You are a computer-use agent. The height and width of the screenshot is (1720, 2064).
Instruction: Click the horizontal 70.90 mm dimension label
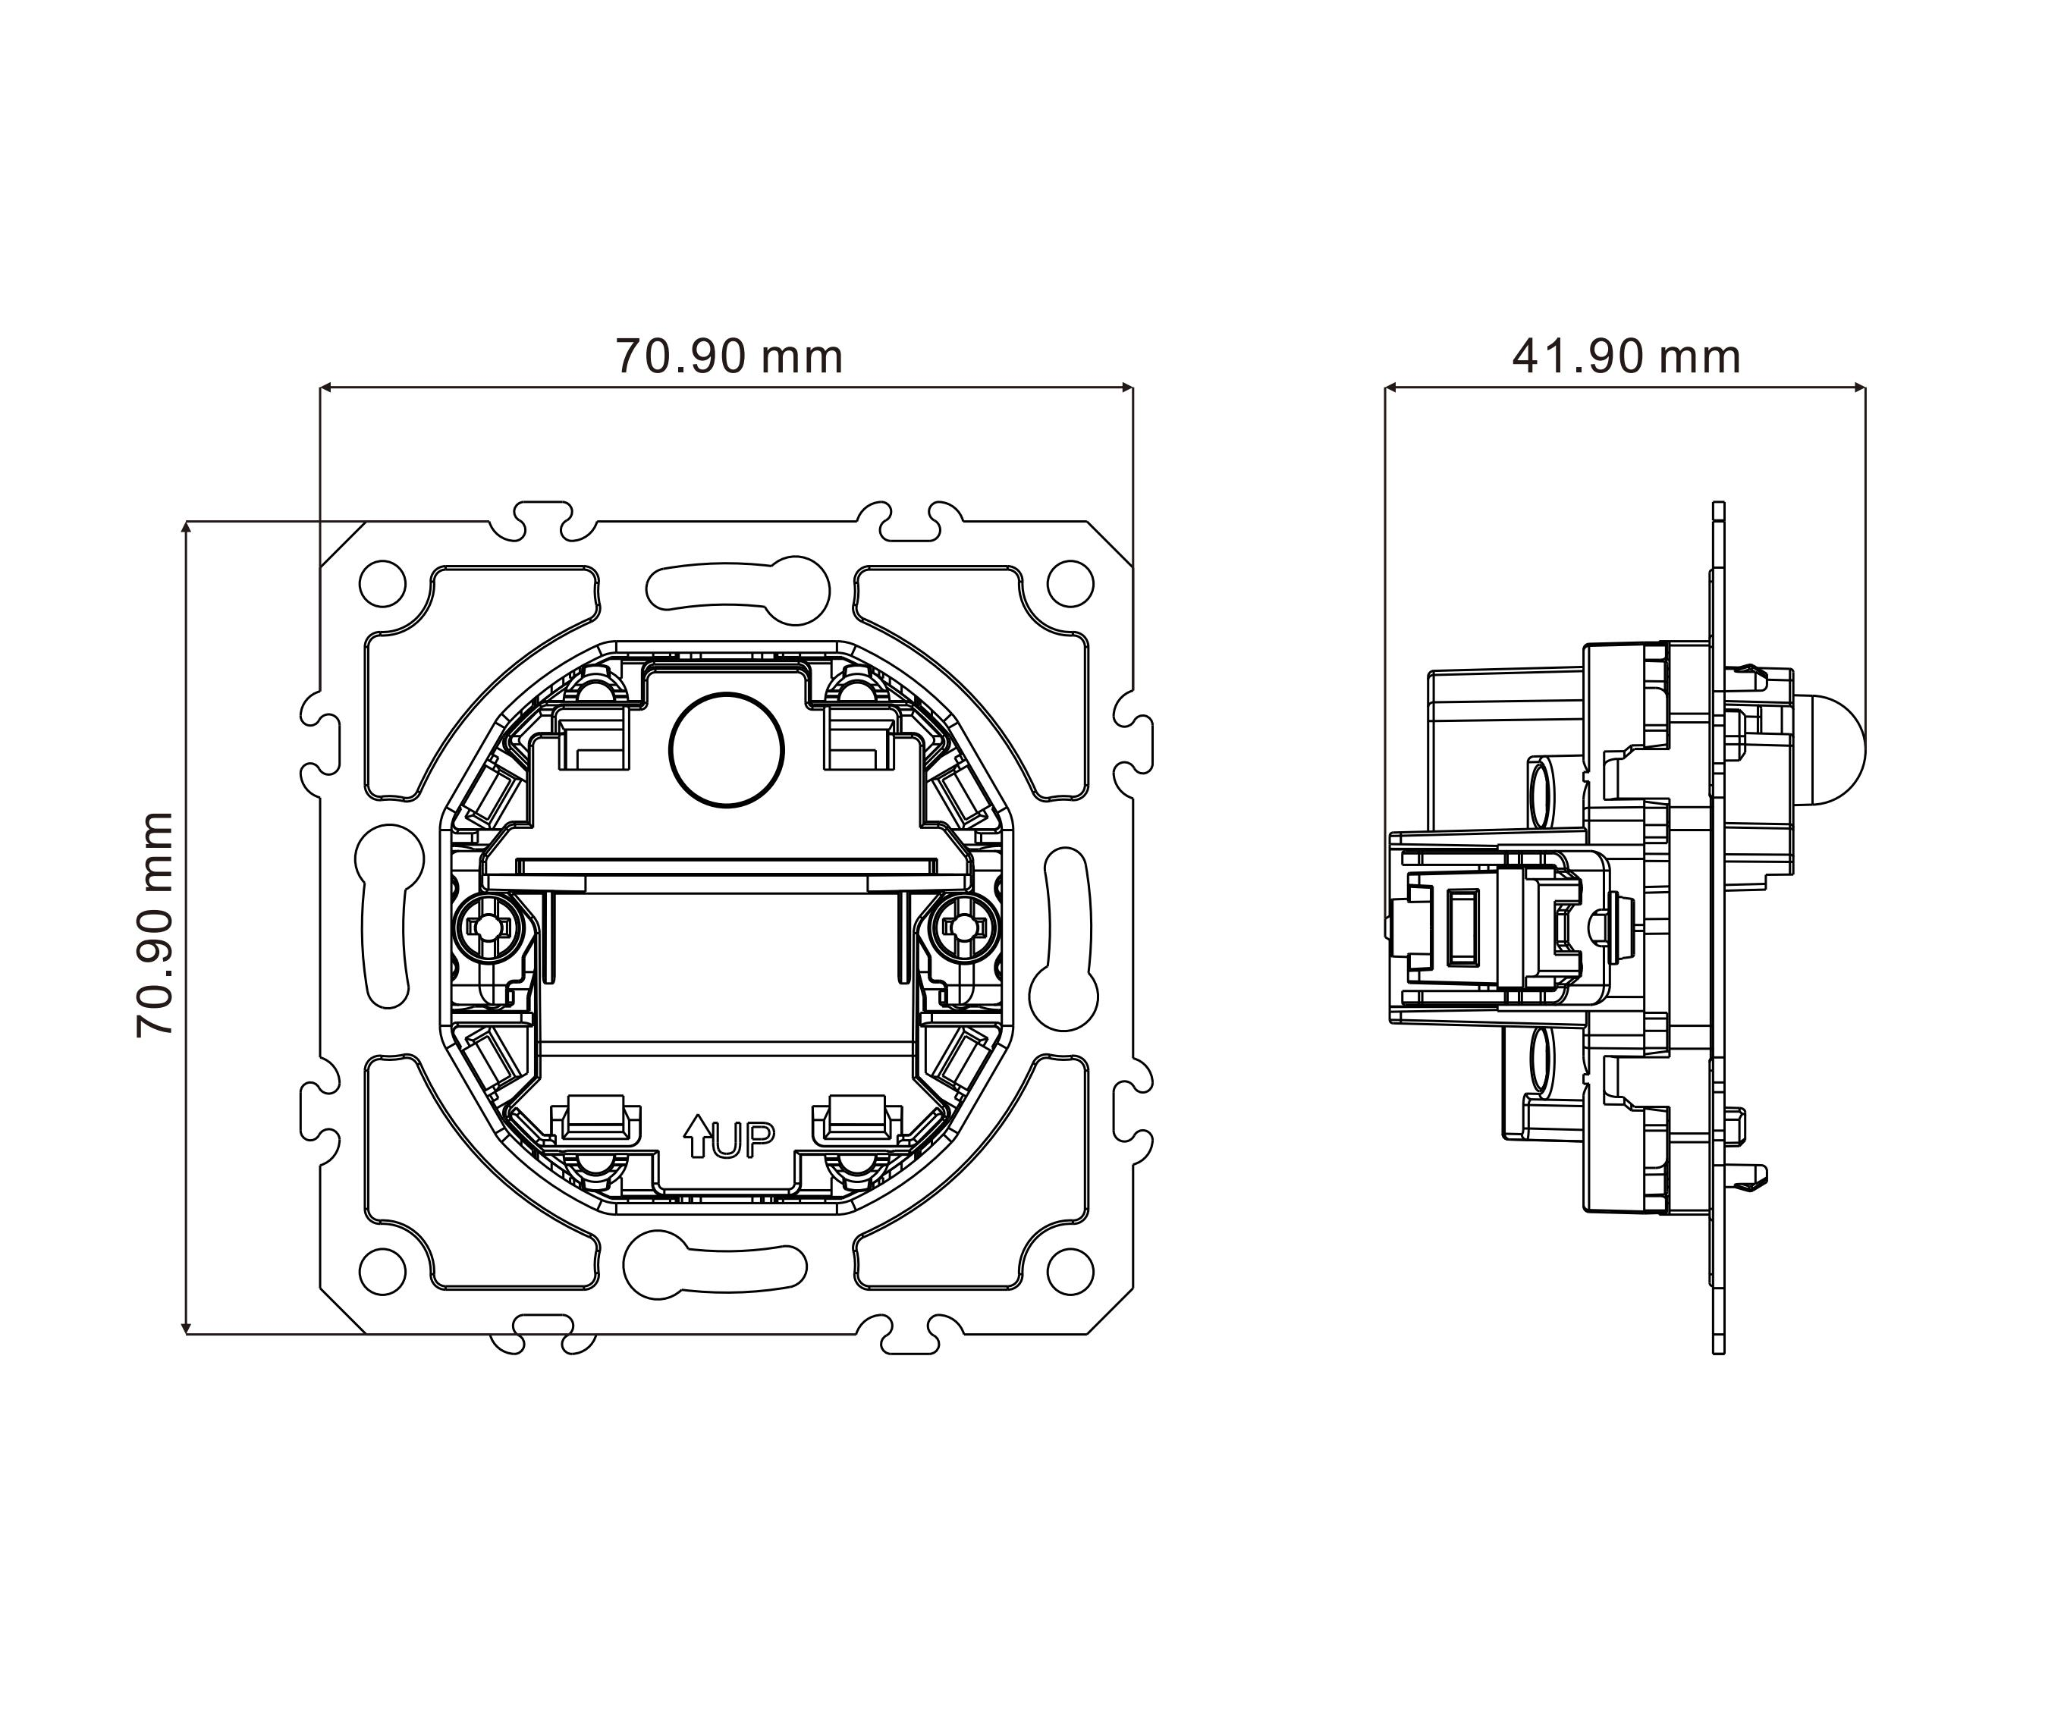coord(729,356)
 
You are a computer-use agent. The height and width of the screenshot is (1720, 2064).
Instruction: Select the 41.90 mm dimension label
coord(1626,356)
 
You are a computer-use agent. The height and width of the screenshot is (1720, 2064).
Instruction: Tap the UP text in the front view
coord(742,1139)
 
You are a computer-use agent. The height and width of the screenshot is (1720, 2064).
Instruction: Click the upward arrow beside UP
coord(697,1135)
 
